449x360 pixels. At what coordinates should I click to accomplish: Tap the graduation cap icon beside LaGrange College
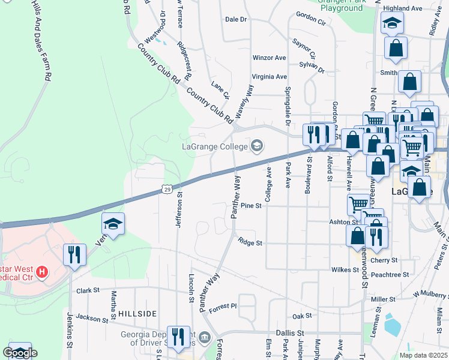tap(257, 146)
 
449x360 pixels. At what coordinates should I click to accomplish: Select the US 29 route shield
tap(167, 189)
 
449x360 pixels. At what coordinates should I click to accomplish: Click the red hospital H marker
tap(41, 273)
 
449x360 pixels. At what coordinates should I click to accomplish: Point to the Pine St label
tap(252, 206)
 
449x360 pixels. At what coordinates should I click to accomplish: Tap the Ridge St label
tap(250, 243)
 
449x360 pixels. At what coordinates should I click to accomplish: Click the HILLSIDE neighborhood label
tap(137, 314)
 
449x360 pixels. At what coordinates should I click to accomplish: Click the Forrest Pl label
tap(224, 306)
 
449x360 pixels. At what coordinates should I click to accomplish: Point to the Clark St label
tap(88, 290)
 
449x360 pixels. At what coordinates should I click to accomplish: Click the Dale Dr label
tap(236, 19)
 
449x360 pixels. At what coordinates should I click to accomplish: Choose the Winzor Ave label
tap(270, 58)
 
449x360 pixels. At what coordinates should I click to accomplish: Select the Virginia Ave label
tap(270, 77)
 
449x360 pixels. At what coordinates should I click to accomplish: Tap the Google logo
tap(20, 353)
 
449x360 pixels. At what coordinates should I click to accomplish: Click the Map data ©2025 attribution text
tap(423, 355)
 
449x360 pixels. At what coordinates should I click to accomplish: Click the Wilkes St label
tap(345, 270)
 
